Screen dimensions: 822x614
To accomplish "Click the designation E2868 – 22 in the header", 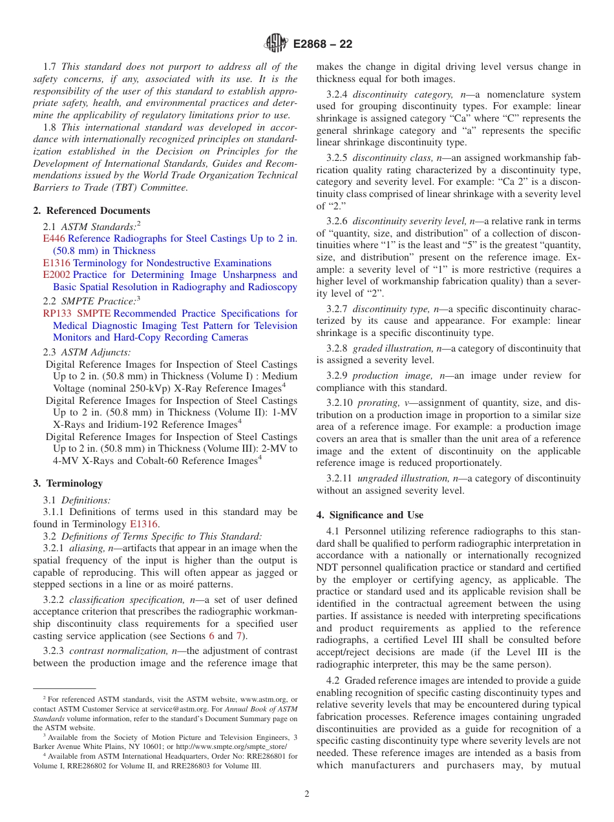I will [323, 44].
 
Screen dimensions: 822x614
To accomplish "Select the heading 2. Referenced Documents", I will [91, 211].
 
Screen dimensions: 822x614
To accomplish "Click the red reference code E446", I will [54, 238].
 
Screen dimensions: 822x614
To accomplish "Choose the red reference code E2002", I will [56, 275].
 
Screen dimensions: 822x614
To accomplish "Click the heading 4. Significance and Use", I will [370, 515].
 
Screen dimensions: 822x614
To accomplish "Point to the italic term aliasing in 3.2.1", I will [87, 549].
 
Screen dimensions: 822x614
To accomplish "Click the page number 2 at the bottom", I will [307, 794].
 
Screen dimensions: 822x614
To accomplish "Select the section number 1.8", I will [50, 127].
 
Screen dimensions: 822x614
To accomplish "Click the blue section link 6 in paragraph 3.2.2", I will [211, 636].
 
